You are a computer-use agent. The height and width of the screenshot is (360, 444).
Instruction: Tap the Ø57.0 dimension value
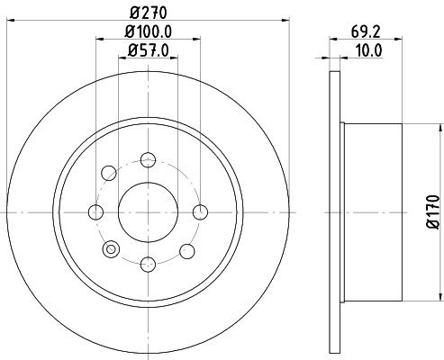[x=149, y=51]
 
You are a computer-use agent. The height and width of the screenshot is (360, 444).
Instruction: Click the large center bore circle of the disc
[x=148, y=212]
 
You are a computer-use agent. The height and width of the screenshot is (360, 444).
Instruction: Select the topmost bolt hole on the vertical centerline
[x=148, y=159]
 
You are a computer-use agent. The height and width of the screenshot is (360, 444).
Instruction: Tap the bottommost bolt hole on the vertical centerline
[x=148, y=265]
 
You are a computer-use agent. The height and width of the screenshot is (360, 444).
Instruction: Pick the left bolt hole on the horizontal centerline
[x=95, y=212]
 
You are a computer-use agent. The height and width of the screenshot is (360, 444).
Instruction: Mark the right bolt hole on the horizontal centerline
[x=201, y=212]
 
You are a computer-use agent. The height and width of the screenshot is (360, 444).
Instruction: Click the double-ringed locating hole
[x=112, y=250]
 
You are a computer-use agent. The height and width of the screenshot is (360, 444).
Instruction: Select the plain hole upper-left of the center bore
[x=110, y=172]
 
